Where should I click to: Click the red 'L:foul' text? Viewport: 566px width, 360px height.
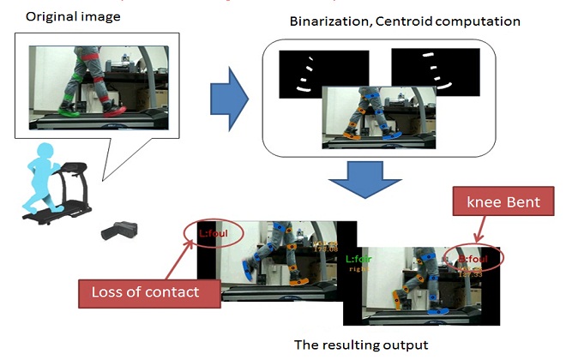point(211,232)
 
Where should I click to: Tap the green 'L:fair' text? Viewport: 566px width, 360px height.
point(358,258)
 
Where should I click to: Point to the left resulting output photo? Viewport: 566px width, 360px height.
point(266,261)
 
